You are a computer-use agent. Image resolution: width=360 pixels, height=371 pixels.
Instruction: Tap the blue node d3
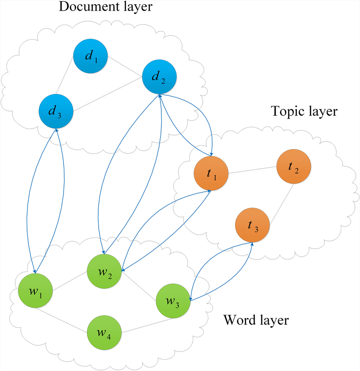click(56, 111)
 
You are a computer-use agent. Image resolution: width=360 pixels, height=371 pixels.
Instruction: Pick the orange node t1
click(211, 174)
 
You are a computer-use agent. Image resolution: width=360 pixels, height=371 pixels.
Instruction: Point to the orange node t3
click(253, 225)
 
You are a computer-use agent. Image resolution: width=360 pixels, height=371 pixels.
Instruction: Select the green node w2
click(104, 271)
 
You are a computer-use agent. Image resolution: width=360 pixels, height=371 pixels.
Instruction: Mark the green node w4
click(104, 331)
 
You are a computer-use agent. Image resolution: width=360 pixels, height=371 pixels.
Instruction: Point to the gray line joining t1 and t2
click(252, 170)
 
